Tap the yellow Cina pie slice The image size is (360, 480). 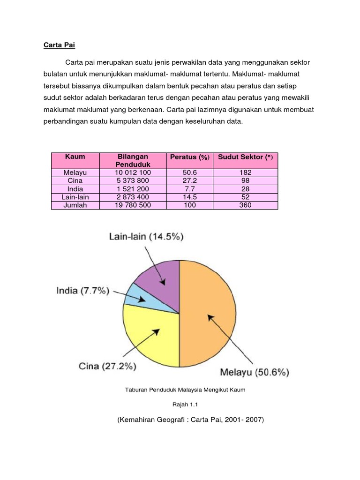click(150, 337)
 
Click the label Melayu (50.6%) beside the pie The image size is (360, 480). click(254, 373)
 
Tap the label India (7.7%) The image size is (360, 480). click(82, 291)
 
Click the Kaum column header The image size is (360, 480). click(75, 157)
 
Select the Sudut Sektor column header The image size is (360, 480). click(245, 157)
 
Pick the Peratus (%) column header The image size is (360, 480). click(189, 157)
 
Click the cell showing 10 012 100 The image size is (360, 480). click(133, 172)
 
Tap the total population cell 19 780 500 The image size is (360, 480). click(133, 205)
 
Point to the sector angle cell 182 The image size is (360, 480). click(245, 172)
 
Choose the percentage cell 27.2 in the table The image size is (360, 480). click(189, 180)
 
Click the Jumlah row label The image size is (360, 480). click(75, 205)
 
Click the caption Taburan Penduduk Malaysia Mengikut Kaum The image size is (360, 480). click(185, 390)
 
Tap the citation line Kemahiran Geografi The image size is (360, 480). click(191, 420)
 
